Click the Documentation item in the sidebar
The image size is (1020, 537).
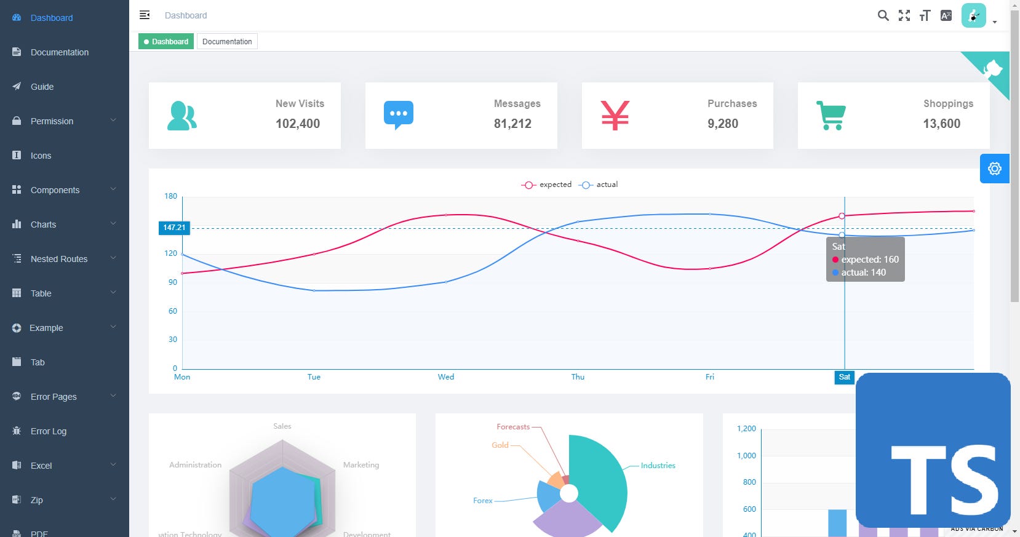point(59,52)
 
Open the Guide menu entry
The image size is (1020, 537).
point(42,87)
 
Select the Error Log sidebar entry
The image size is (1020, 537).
point(48,431)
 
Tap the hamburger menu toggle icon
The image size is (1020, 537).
point(145,15)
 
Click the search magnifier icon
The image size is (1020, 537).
point(883,15)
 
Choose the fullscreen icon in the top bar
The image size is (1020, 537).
point(904,15)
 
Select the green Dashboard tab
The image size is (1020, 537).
point(166,42)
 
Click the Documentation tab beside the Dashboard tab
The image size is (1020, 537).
point(227,42)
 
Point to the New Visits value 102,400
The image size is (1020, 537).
point(298,124)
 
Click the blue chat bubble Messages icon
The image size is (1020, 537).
point(399,115)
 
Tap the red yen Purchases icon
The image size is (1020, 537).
point(615,115)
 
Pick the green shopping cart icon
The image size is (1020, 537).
point(831,115)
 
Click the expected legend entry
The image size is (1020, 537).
point(547,185)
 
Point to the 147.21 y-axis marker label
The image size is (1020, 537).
point(174,228)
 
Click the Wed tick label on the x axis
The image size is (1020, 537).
point(446,377)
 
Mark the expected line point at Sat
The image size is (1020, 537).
point(842,216)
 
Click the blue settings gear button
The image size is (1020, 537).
point(994,169)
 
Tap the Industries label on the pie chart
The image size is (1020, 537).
point(658,466)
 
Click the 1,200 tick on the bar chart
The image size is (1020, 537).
point(746,429)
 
